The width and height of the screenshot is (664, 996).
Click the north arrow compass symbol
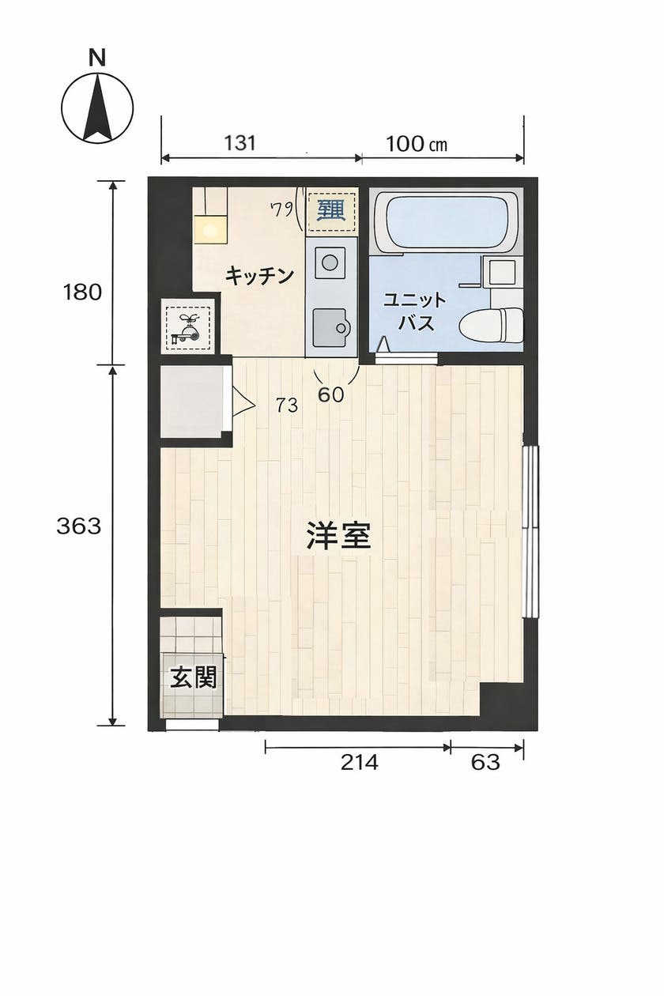[97, 108]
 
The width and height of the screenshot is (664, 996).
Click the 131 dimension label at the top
[240, 143]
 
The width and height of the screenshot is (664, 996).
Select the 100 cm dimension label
[416, 143]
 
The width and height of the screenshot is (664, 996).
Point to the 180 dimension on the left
[83, 292]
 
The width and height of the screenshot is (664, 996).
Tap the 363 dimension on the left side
[79, 526]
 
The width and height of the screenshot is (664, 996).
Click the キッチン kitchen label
[260, 276]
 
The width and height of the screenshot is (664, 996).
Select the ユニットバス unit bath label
[414, 311]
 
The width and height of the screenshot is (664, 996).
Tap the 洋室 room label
[338, 537]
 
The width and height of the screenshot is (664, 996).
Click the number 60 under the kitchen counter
[331, 395]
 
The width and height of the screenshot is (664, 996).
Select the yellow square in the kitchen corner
[210, 230]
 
